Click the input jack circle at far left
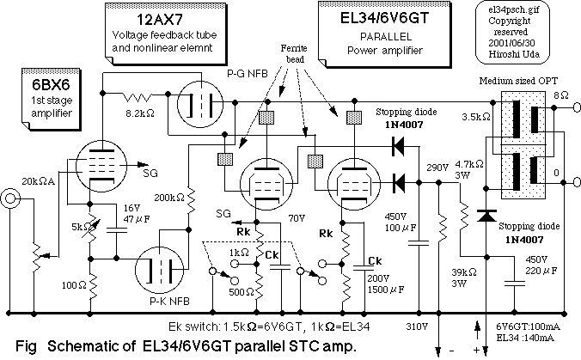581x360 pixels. [x=11, y=200]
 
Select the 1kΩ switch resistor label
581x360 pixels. [x=240, y=252]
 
